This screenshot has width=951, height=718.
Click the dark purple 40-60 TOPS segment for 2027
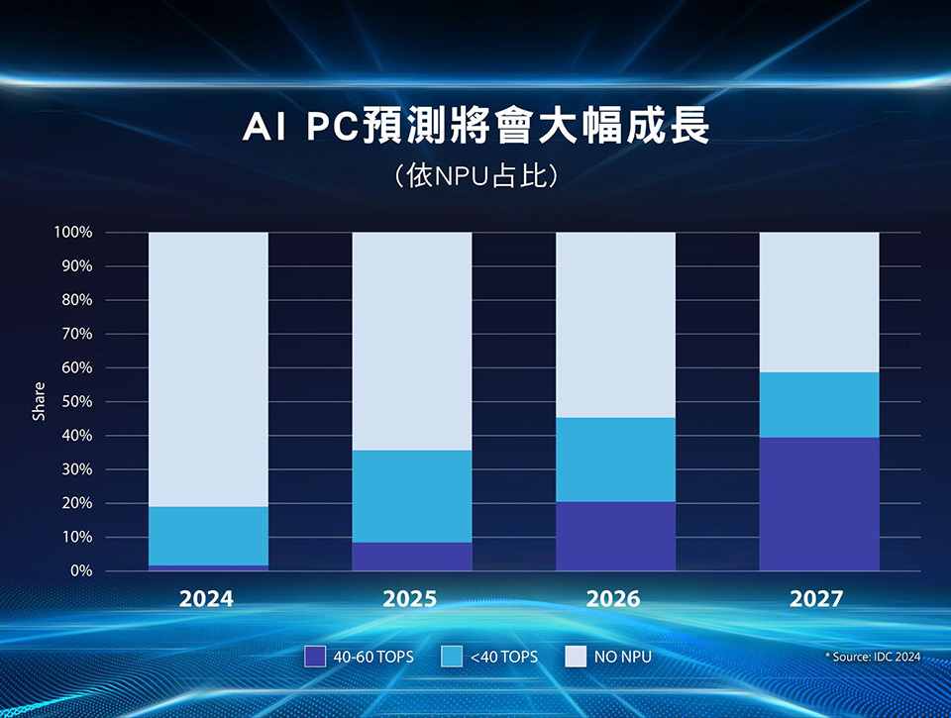818,504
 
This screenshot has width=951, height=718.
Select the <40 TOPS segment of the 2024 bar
208,536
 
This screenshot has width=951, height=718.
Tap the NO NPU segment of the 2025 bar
412,342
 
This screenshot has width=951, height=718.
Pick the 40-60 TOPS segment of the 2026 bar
615,536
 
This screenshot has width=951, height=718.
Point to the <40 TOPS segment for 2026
615,460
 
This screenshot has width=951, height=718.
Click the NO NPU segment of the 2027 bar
818,302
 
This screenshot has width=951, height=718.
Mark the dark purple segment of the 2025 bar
412,557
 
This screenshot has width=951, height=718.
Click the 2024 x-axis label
207,599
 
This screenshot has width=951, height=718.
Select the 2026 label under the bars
613,599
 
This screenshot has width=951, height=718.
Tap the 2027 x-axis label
817,599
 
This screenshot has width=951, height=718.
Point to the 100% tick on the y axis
73,233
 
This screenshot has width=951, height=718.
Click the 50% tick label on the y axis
76,402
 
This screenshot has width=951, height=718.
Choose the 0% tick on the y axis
80,571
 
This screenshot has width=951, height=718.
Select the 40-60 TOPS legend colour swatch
315,656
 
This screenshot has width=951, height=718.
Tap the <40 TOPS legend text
504,657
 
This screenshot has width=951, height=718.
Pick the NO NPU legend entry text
622,657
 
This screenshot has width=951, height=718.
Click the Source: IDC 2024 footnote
872,657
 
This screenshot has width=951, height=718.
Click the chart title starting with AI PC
476,129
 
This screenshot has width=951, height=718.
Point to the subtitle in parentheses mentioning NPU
476,176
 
